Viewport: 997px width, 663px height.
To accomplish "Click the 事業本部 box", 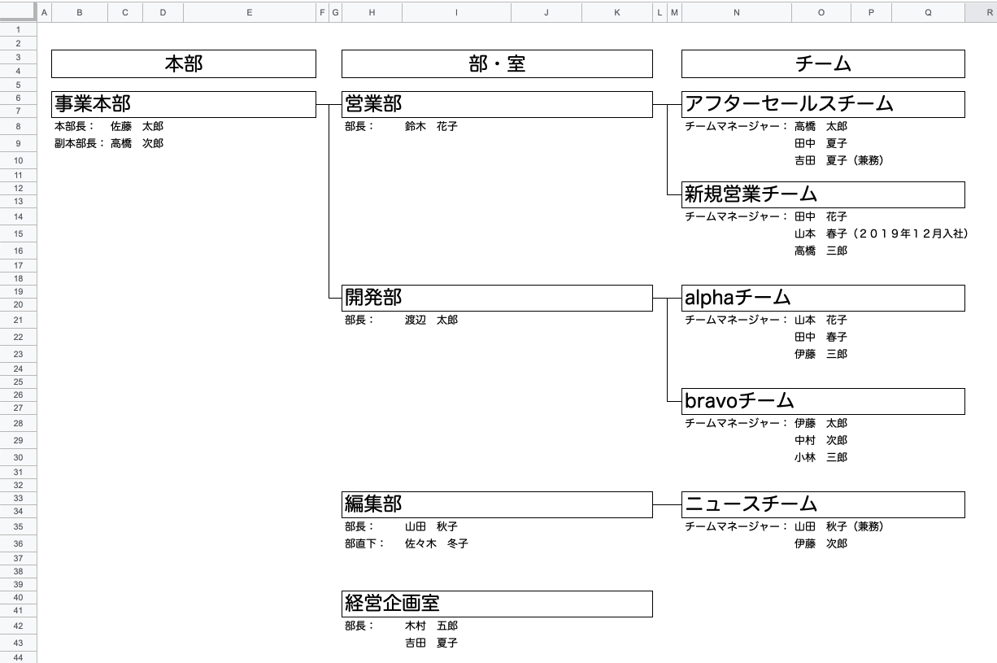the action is tap(183, 104).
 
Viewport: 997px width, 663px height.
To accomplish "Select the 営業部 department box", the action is tap(497, 104).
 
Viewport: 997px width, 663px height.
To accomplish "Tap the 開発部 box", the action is tap(497, 298).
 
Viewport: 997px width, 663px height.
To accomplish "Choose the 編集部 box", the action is tap(497, 504).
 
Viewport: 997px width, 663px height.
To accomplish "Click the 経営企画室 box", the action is tap(497, 604).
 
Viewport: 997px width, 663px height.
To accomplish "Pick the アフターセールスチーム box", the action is tap(823, 104).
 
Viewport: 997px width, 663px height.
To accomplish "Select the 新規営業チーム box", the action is tap(823, 194).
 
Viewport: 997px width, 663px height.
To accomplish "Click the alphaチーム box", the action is tap(823, 298).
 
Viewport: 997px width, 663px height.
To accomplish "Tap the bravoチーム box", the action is tap(823, 401).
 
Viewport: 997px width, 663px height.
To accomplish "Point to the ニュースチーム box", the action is tap(823, 504).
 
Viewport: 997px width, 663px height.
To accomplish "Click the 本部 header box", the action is tap(183, 64).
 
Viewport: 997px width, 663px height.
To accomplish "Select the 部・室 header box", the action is tap(497, 64).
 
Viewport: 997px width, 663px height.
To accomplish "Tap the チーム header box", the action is tap(823, 64).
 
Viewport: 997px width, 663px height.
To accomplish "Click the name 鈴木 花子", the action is tap(431, 127).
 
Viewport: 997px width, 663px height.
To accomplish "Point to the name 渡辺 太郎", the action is tap(431, 321).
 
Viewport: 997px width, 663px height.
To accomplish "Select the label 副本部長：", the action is tap(80, 144).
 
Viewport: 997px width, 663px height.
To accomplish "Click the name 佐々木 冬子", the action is tap(436, 543).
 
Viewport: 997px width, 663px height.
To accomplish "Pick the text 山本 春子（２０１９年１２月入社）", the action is tap(881, 234).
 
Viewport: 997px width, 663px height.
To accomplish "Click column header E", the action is tap(249, 12).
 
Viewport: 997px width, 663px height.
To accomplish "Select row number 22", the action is tap(18, 337).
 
